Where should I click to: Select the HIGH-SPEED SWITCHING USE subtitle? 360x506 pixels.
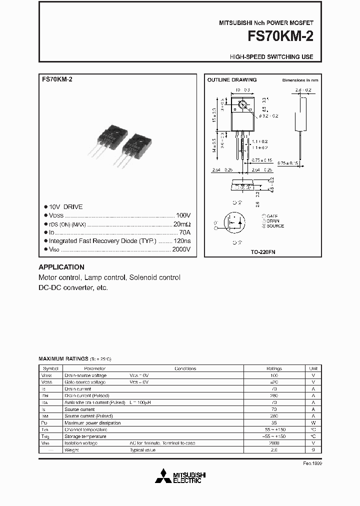click(271, 57)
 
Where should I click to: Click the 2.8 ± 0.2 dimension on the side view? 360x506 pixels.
click(303, 90)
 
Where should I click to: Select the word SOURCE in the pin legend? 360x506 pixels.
click(275, 226)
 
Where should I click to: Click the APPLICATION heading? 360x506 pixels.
click(61, 267)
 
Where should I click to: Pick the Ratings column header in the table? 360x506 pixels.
click(274, 368)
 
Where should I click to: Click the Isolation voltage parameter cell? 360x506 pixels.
click(81, 443)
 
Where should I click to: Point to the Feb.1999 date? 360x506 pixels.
click(313, 463)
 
